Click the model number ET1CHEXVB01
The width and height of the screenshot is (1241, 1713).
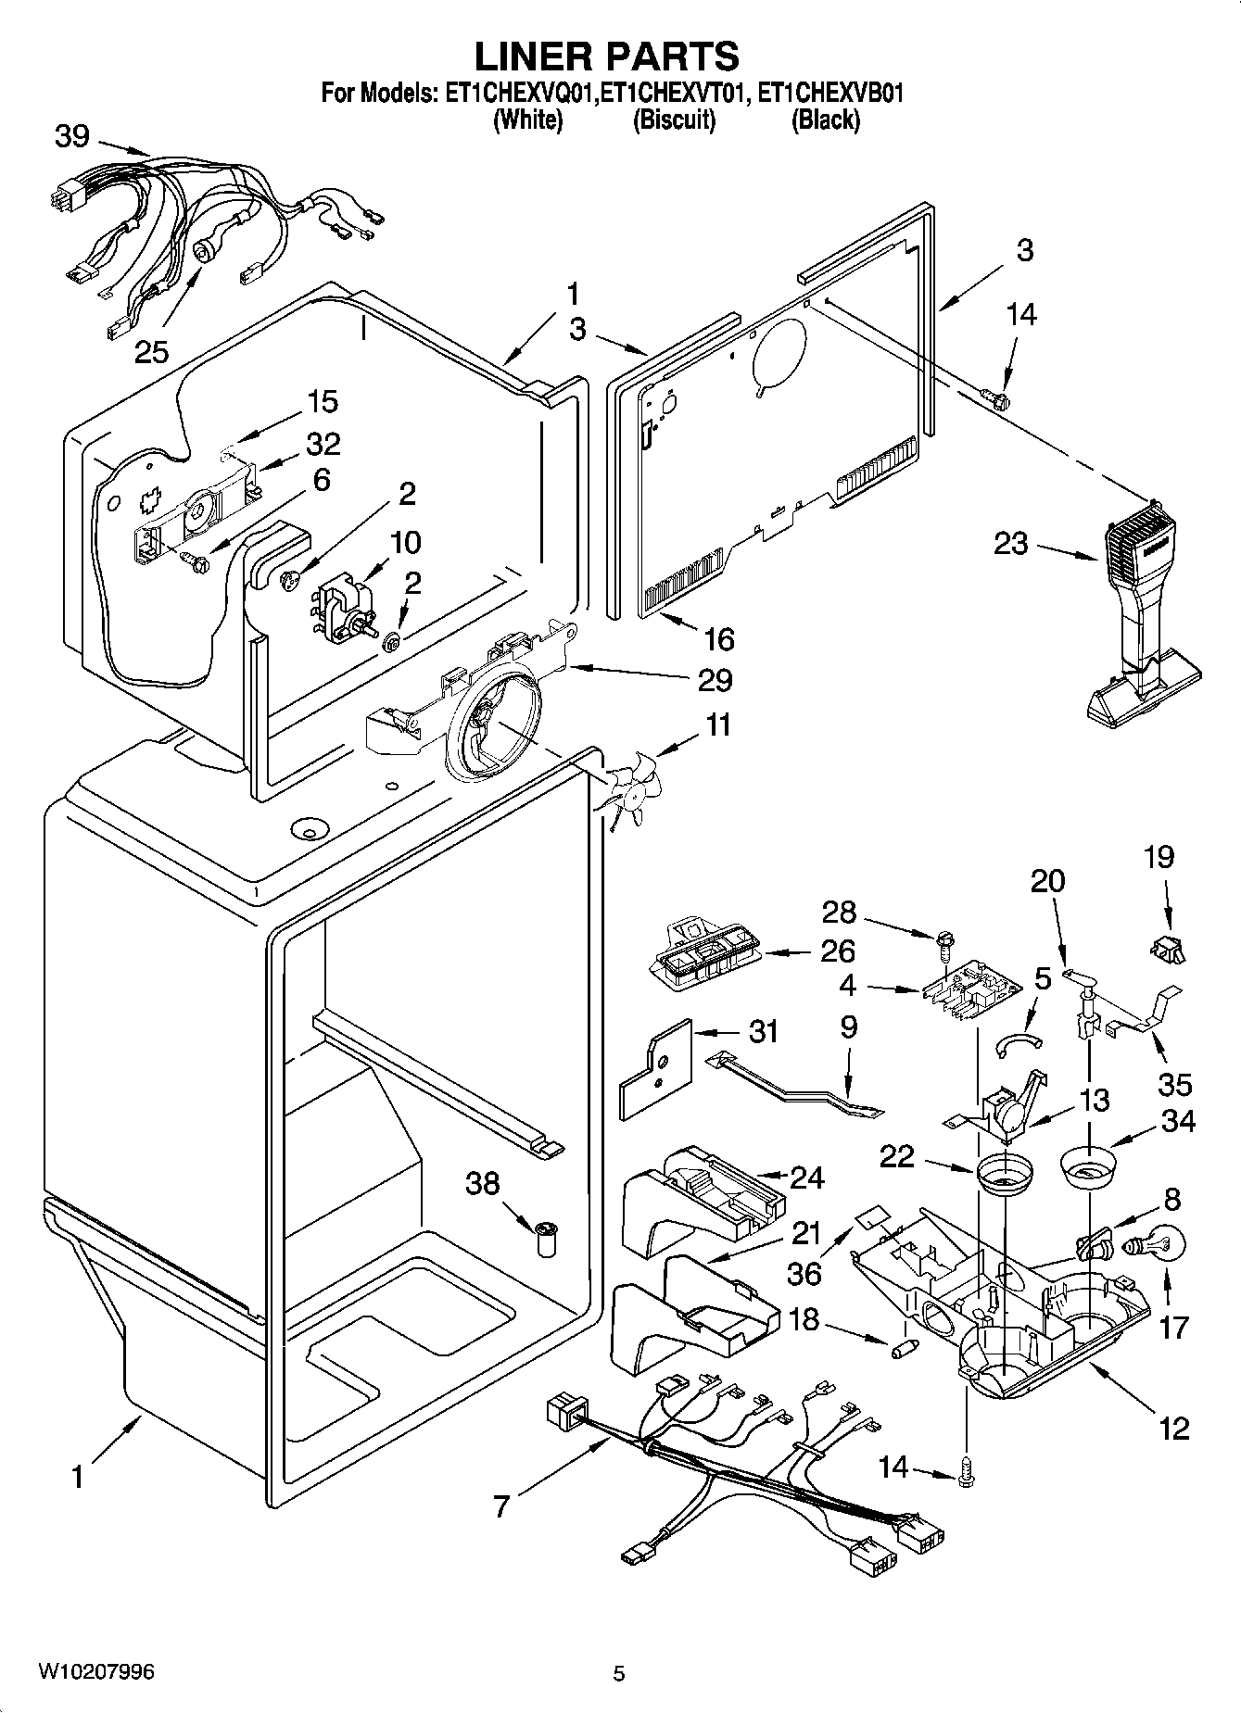(830, 94)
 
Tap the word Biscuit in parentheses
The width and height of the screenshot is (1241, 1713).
(674, 120)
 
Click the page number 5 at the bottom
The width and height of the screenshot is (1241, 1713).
(619, 1673)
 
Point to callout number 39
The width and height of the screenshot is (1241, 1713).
(72, 136)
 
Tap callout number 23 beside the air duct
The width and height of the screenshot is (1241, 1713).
(1010, 543)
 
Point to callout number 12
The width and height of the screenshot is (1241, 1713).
(1173, 1428)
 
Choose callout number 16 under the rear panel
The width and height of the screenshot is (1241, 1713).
(719, 638)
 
